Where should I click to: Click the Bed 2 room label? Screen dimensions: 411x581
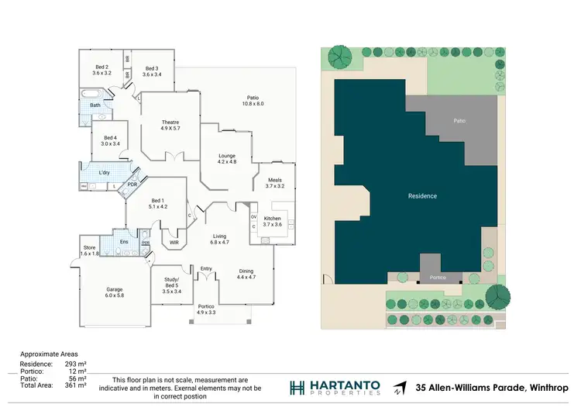tap(102, 70)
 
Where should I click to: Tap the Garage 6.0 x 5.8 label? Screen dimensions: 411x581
tap(115, 292)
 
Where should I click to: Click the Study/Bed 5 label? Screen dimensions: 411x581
tap(172, 285)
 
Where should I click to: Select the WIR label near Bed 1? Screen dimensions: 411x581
tap(175, 242)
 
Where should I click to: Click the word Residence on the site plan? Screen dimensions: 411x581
tap(422, 196)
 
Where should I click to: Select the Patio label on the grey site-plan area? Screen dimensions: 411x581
tap(459, 121)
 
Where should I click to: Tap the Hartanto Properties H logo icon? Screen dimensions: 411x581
tap(297, 388)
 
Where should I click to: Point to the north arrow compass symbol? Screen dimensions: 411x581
tap(400, 388)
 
